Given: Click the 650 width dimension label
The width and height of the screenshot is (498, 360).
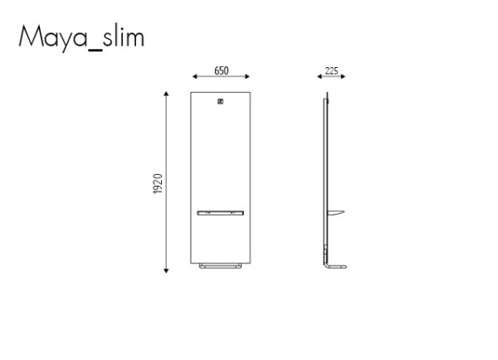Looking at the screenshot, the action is click(222, 71).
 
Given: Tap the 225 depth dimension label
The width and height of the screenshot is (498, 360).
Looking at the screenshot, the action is click(331, 71).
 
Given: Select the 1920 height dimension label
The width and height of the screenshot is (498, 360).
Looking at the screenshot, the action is click(158, 184).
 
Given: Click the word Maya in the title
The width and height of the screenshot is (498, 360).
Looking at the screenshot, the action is click(53, 37).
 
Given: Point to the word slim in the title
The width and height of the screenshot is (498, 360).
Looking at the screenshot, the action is click(124, 35).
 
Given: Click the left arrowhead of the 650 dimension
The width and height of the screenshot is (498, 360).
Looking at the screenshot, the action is click(195, 76).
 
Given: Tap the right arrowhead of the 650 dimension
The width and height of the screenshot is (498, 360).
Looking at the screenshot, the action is click(247, 76).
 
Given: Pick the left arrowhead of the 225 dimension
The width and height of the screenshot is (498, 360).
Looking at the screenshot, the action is click(320, 76).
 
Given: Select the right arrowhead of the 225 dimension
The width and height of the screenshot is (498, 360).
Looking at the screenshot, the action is click(343, 76).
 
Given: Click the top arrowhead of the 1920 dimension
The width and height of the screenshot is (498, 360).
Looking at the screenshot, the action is click(166, 94).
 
